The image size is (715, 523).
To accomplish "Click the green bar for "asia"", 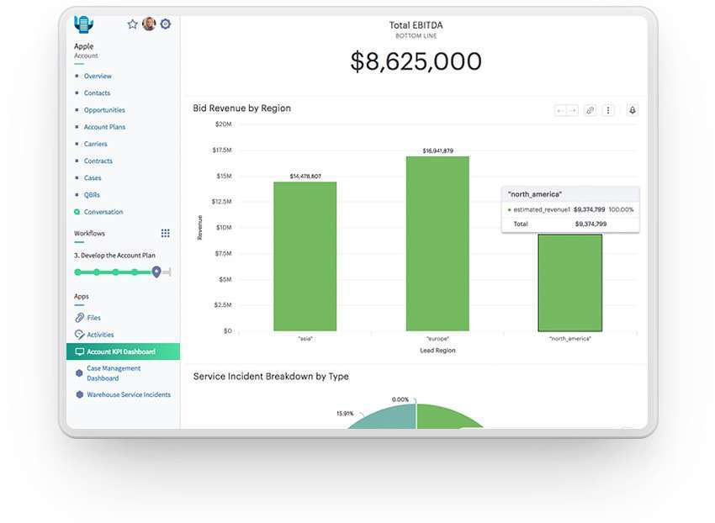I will point(305,256).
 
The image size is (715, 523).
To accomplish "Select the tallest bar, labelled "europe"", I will point(437,244).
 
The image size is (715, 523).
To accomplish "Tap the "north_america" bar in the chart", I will point(569,283).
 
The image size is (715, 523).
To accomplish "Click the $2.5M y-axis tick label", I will point(221,304).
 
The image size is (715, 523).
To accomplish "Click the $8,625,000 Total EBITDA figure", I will point(416,61).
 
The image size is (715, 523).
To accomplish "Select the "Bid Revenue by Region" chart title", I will point(241,108).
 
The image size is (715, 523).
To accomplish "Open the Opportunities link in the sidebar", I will point(104,110).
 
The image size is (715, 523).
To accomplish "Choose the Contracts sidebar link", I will point(98,161).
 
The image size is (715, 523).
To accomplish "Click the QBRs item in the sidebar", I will point(92,195).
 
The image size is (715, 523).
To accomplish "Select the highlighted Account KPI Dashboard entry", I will point(120,351).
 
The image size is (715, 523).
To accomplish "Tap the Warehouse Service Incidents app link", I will point(129,394).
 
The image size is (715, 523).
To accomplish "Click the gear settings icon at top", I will point(166,24).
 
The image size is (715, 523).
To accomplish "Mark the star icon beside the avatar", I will point(132,24).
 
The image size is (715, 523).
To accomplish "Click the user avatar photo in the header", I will point(149,24).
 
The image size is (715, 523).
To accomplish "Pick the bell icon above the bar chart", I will point(633,110).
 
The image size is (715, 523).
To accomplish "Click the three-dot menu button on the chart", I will point(608,110).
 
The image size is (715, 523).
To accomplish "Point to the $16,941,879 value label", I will point(437,151).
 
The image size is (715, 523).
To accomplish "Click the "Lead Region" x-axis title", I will point(437,351).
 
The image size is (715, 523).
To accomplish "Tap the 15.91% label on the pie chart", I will point(345,414).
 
